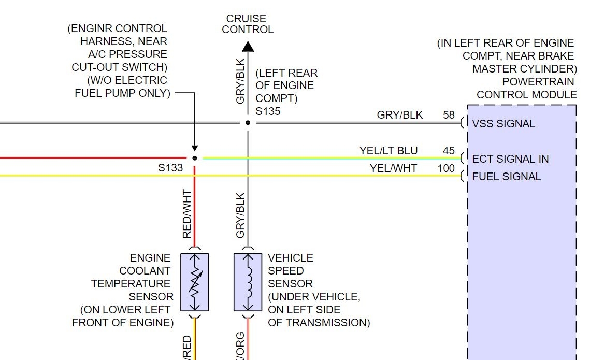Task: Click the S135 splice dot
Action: point(248,123)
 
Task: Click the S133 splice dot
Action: point(194,158)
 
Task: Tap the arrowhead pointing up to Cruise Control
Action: point(248,47)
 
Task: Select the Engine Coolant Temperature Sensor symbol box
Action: point(194,282)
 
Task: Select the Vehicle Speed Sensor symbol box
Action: point(248,282)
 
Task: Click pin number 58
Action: point(449,115)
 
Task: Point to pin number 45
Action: point(449,151)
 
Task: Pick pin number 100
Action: point(446,168)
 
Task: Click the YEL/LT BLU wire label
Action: point(388,151)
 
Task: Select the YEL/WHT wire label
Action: point(393,168)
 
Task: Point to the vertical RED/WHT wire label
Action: point(187,214)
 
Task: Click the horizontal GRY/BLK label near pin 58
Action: point(400,115)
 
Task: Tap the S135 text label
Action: point(268,111)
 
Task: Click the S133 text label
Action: point(171,168)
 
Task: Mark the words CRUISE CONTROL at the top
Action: point(248,24)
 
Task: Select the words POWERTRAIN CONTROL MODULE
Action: point(526,88)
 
